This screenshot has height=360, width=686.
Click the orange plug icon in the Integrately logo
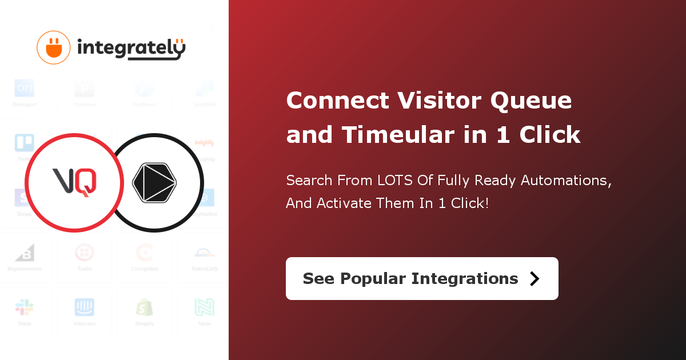[54, 47]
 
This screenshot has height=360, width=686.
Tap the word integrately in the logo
[131, 49]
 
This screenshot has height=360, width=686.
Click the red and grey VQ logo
[74, 182]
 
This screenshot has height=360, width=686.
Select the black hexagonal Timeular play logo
[154, 182]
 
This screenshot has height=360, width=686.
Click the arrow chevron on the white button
[535, 278]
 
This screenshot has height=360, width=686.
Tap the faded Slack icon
[25, 307]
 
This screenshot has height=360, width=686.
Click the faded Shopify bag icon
[144, 307]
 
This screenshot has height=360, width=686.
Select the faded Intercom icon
[85, 307]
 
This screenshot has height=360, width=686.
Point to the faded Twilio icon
[85, 253]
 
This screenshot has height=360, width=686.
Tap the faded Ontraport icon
[25, 88]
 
